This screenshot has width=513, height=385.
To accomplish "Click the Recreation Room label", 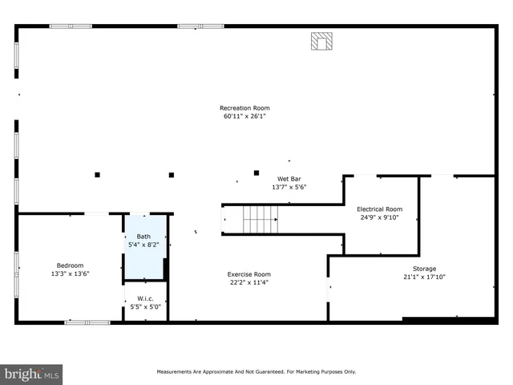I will pyautogui.click(x=245, y=108).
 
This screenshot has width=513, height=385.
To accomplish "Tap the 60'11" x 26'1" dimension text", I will pyautogui.click(x=245, y=116).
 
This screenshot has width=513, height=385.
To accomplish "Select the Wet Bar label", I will pyautogui.click(x=289, y=179).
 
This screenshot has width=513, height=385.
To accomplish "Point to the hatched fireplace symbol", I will pyautogui.click(x=321, y=42).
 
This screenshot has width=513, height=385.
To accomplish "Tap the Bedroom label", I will pyautogui.click(x=70, y=265).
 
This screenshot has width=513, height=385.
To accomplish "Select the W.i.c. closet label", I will pyautogui.click(x=145, y=299).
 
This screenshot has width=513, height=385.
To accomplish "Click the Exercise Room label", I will pyautogui.click(x=248, y=274).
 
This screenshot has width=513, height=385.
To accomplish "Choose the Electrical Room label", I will pyautogui.click(x=379, y=209).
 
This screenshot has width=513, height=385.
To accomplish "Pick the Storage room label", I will pyautogui.click(x=424, y=269).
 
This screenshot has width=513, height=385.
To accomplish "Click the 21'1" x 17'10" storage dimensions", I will pyautogui.click(x=424, y=278).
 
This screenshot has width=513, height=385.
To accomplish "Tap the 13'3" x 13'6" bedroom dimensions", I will pyautogui.click(x=70, y=274).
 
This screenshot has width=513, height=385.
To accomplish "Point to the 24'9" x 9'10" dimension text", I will pyautogui.click(x=379, y=217).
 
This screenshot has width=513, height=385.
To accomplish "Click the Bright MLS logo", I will pyautogui.click(x=32, y=374).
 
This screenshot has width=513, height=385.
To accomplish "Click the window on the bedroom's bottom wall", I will pyautogui.click(x=87, y=322).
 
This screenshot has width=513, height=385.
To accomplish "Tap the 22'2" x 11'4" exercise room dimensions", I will pyautogui.click(x=248, y=282).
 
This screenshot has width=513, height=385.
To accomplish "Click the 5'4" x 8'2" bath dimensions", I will pyautogui.click(x=143, y=245).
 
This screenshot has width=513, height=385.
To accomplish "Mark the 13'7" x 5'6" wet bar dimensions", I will pyautogui.click(x=289, y=187).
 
